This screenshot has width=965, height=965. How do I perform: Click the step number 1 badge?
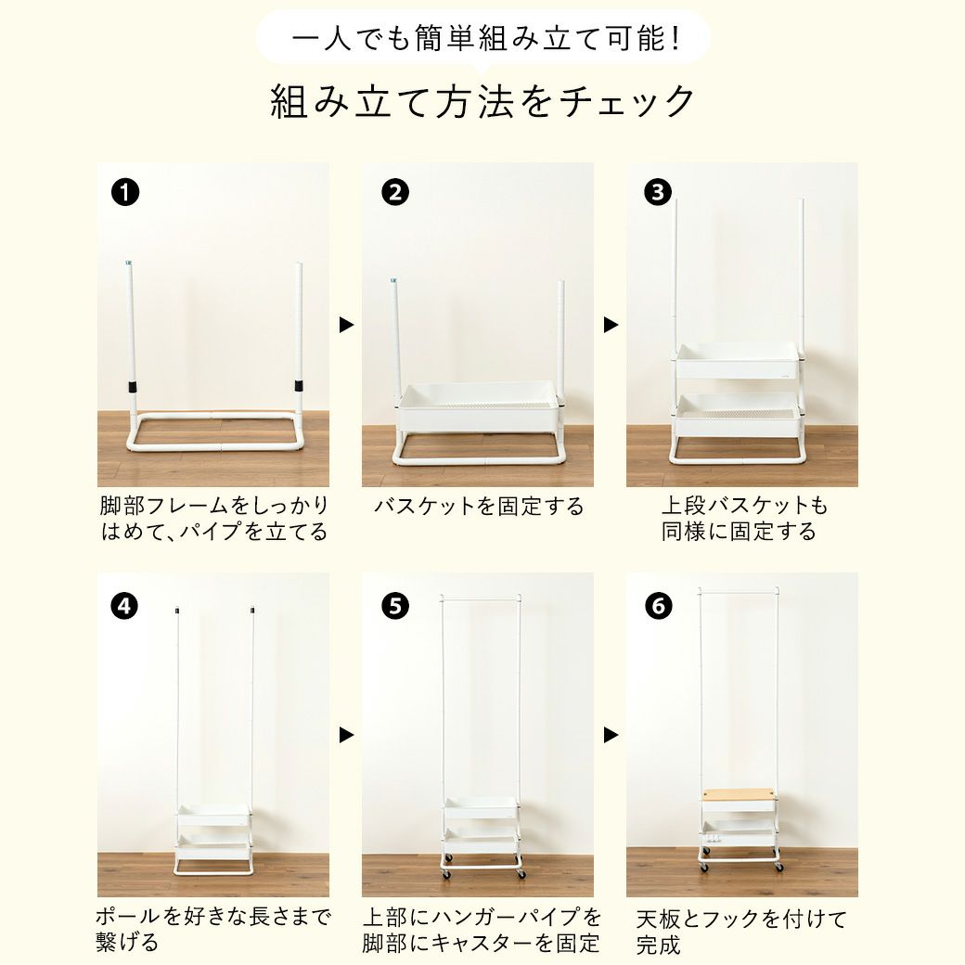point(125,193)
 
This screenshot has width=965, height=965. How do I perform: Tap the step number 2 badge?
point(395,193)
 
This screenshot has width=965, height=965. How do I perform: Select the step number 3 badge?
point(657,193)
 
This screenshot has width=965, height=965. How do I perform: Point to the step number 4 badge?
point(124,606)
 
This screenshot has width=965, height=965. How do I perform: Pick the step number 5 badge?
point(395,606)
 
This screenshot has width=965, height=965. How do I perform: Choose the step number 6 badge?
point(659,606)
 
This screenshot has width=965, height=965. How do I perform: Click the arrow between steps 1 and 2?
point(346,325)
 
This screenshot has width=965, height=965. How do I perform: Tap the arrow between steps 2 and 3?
point(611,325)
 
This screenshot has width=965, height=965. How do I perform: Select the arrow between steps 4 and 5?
point(346,735)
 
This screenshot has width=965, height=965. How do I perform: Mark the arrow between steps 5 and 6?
point(611,735)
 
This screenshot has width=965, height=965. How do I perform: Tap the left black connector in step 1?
point(133,387)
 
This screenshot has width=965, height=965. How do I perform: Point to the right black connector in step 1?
point(299,385)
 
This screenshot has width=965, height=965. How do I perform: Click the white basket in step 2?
point(480,406)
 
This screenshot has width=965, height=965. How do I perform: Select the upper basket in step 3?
point(738,361)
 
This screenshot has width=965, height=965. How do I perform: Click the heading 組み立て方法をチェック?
point(482,101)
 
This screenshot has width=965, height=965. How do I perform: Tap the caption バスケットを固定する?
point(479,507)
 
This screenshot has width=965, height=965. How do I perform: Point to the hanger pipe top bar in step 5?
point(482,598)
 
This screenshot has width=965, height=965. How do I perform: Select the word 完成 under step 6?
point(658,945)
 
